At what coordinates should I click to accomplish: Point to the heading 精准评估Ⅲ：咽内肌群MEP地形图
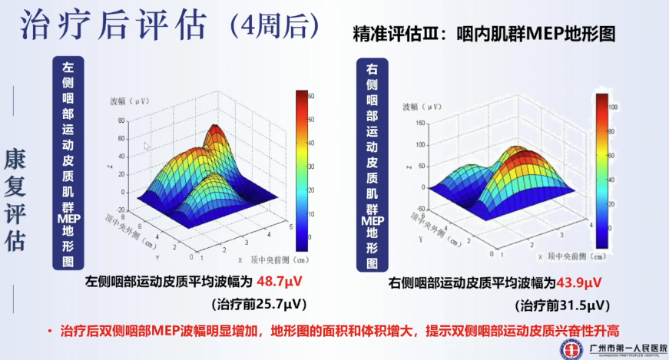484,35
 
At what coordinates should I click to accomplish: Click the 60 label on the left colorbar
311,96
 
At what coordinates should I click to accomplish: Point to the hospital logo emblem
569,346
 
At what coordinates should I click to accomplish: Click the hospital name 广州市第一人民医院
620,345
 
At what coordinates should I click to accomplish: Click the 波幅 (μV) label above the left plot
128,101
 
